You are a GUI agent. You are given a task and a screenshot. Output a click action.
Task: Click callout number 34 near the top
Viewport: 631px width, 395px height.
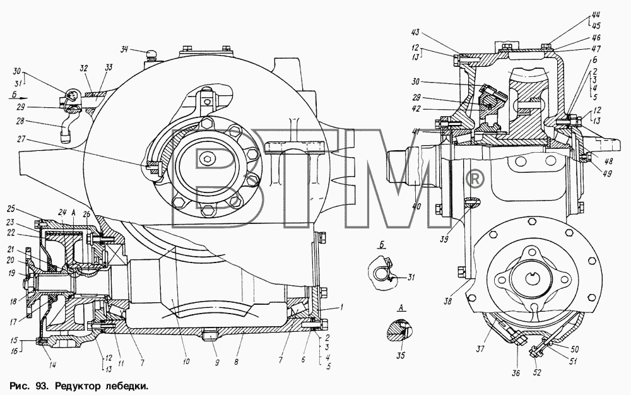pyautogui.click(x=125, y=50)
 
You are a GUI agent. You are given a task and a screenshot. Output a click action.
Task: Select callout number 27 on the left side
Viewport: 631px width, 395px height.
pyautogui.click(x=21, y=139)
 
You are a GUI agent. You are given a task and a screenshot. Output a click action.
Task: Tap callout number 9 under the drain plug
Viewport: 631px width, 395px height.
pyautogui.click(x=217, y=363)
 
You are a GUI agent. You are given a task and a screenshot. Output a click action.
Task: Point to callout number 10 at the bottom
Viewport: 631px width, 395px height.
pyautogui.click(x=186, y=362)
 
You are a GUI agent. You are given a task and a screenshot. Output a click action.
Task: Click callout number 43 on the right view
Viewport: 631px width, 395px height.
pyautogui.click(x=415, y=32)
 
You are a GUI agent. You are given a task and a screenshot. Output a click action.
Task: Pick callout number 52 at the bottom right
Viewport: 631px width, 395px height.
pyautogui.click(x=537, y=372)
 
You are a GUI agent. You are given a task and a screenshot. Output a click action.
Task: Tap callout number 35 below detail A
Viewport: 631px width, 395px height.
pyautogui.click(x=401, y=356)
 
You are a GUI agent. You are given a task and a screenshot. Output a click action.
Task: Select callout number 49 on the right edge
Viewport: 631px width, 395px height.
pyautogui.click(x=607, y=174)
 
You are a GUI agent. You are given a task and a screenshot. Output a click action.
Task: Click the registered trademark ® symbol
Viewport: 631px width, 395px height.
pyautogui.click(x=475, y=178)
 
